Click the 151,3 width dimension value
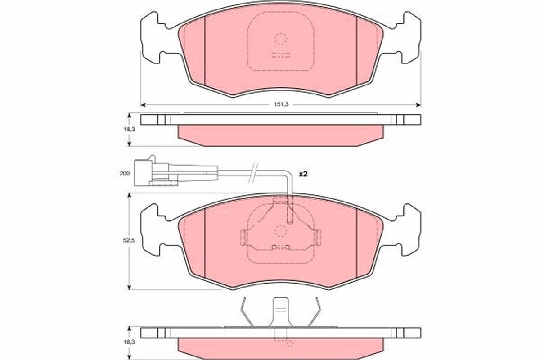pos(281,104)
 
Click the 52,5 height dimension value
pos(129,240)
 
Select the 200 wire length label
pos(124,173)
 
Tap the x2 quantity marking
pos(303,174)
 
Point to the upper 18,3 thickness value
pos(130,129)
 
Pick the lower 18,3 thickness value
pos(130,342)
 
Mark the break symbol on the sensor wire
pos(253,173)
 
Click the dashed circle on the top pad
pos(281,39)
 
